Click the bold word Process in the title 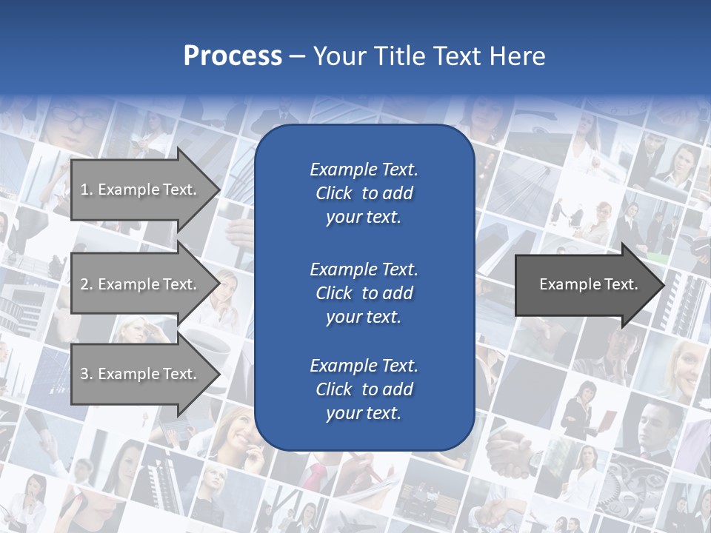tap(233, 56)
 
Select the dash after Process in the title tap(297, 57)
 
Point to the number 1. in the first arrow tap(87, 190)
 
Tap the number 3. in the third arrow tap(87, 374)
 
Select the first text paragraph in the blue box tap(364, 193)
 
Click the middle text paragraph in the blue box tap(364, 292)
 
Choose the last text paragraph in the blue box tap(364, 389)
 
